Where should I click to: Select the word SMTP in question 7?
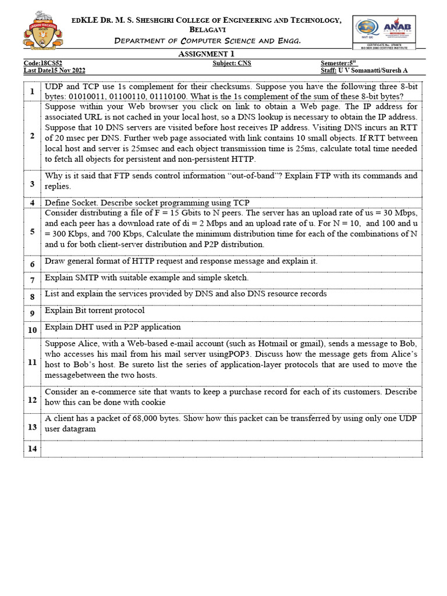pyautogui.click(x=87, y=278)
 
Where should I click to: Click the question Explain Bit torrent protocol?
pyautogui.click(x=94, y=310)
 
